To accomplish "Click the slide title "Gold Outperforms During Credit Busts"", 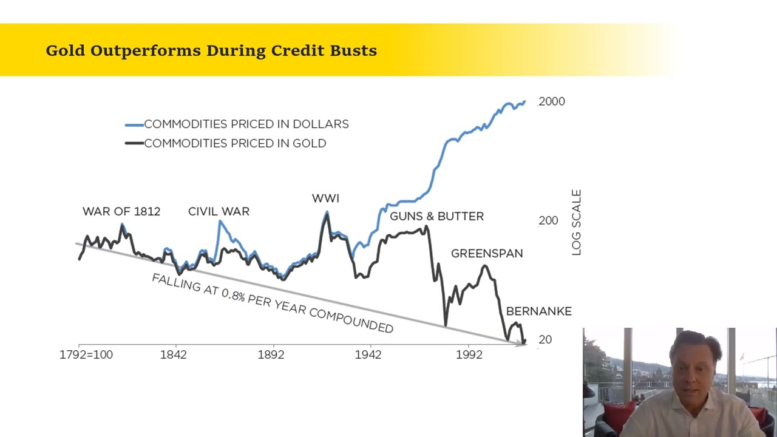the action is point(211,50).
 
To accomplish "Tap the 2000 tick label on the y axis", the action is point(552,101).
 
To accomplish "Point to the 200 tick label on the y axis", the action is point(548,220).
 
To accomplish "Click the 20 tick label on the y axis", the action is point(545,339).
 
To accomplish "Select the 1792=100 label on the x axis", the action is point(86,355).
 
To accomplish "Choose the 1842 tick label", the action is point(173,355).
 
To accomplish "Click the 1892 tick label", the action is point(271,355).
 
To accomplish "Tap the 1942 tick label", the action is point(368,355).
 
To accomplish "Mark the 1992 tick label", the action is point(469,355).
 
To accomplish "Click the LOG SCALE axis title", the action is point(576,222).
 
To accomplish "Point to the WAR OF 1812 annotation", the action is point(121,211).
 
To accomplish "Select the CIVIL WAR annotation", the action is point(219,211).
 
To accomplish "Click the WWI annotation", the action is point(325,198).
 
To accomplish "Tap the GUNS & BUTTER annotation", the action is point(436,216).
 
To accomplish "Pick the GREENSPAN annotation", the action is point(487,254).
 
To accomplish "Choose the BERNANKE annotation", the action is point(539,311).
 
